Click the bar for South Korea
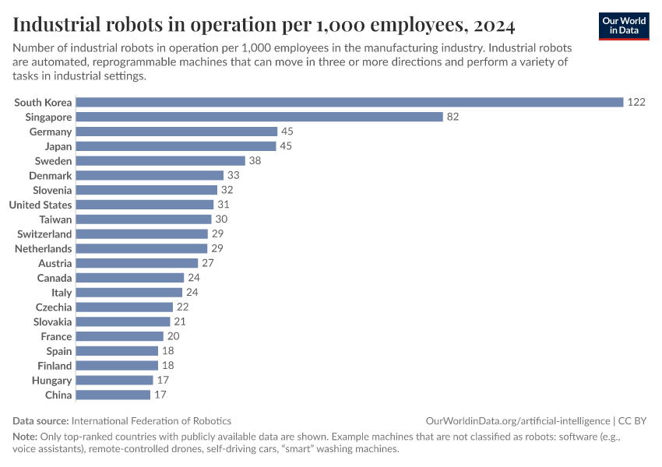pos(349,102)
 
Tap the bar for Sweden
pos(160,161)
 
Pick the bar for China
pos(113,395)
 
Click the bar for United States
pos(144,205)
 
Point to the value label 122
pos(636,102)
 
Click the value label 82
pos(453,117)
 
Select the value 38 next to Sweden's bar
pos(255,161)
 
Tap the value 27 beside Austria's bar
pos(208,263)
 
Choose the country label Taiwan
pos(56,219)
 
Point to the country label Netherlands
pos(44,248)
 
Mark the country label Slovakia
pos(52,321)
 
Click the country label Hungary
pos(52,381)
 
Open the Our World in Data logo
pos(624,26)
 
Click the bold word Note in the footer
pos(25,437)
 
